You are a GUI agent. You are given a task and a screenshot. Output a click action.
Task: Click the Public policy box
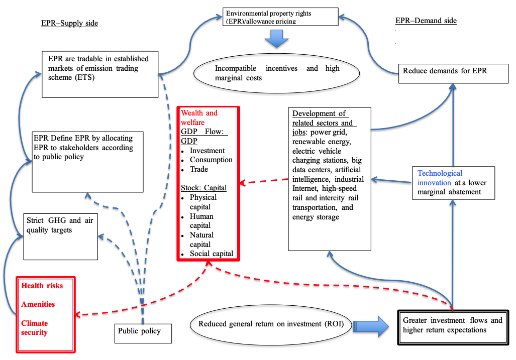pyautogui.click(x=143, y=331)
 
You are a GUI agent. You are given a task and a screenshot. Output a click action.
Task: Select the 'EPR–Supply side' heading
pyautogui.click(x=69, y=23)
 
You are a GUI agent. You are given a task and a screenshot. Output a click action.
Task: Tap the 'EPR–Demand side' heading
pyautogui.click(x=426, y=21)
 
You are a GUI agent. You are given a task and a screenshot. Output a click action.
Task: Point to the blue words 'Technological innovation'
pyautogui.click(x=440, y=178)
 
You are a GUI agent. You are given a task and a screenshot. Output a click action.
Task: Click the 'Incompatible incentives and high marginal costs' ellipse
pyautogui.click(x=277, y=73)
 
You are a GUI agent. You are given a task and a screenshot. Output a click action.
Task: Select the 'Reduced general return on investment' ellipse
pyautogui.click(x=271, y=324)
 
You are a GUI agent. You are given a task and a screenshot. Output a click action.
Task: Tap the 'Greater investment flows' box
pyautogui.click(x=452, y=325)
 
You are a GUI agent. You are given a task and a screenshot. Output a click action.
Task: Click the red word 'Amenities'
pyautogui.click(x=38, y=304)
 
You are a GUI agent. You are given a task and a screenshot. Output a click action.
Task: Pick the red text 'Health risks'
pyautogui.click(x=42, y=285)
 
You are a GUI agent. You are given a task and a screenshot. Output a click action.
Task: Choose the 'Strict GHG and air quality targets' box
pyautogui.click(x=61, y=236)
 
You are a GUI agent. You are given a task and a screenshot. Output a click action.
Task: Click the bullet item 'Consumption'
pyautogui.click(x=211, y=160)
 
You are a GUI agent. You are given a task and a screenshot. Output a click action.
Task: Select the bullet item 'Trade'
pyautogui.click(x=199, y=169)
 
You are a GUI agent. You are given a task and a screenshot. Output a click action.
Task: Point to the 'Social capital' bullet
pyautogui.click(x=211, y=254)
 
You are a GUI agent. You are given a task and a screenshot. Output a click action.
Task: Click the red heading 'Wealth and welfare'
pyautogui.click(x=199, y=117)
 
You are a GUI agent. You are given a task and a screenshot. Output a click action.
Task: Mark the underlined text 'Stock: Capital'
pyautogui.click(x=203, y=188)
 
